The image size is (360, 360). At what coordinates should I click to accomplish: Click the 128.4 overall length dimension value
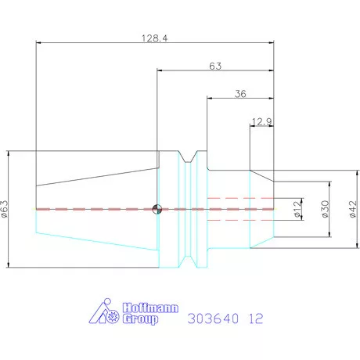pos(155,38)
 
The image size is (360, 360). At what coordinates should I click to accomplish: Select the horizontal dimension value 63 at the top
pos(215,67)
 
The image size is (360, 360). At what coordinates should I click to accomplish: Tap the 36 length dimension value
pos(240,94)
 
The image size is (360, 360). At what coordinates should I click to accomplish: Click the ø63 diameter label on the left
pos(5,209)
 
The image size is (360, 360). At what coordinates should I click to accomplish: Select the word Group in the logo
pos(138,319)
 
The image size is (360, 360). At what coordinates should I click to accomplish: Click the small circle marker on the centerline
pos(157,209)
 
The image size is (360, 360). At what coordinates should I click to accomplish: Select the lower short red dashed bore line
pos(239,220)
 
